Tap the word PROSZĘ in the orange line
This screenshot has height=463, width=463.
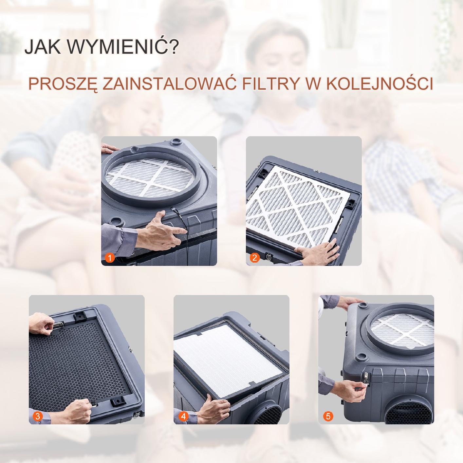coord(63,84)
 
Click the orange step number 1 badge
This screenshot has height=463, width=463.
coord(110,258)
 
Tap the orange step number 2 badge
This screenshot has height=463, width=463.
coord(255,258)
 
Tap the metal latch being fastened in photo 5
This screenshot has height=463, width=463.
coord(366,380)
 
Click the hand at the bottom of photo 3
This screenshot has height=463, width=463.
coord(76,411)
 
